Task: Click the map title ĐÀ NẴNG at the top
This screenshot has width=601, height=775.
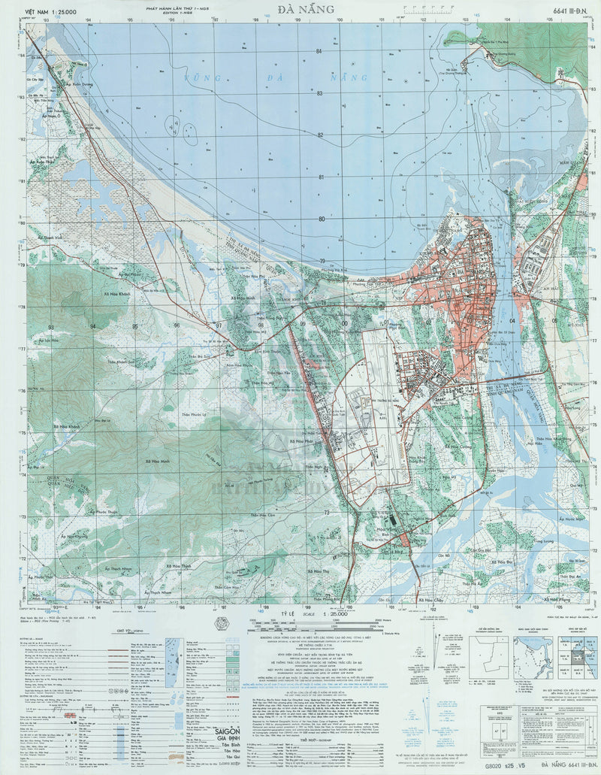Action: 300,11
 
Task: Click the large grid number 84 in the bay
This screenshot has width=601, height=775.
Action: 319,50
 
